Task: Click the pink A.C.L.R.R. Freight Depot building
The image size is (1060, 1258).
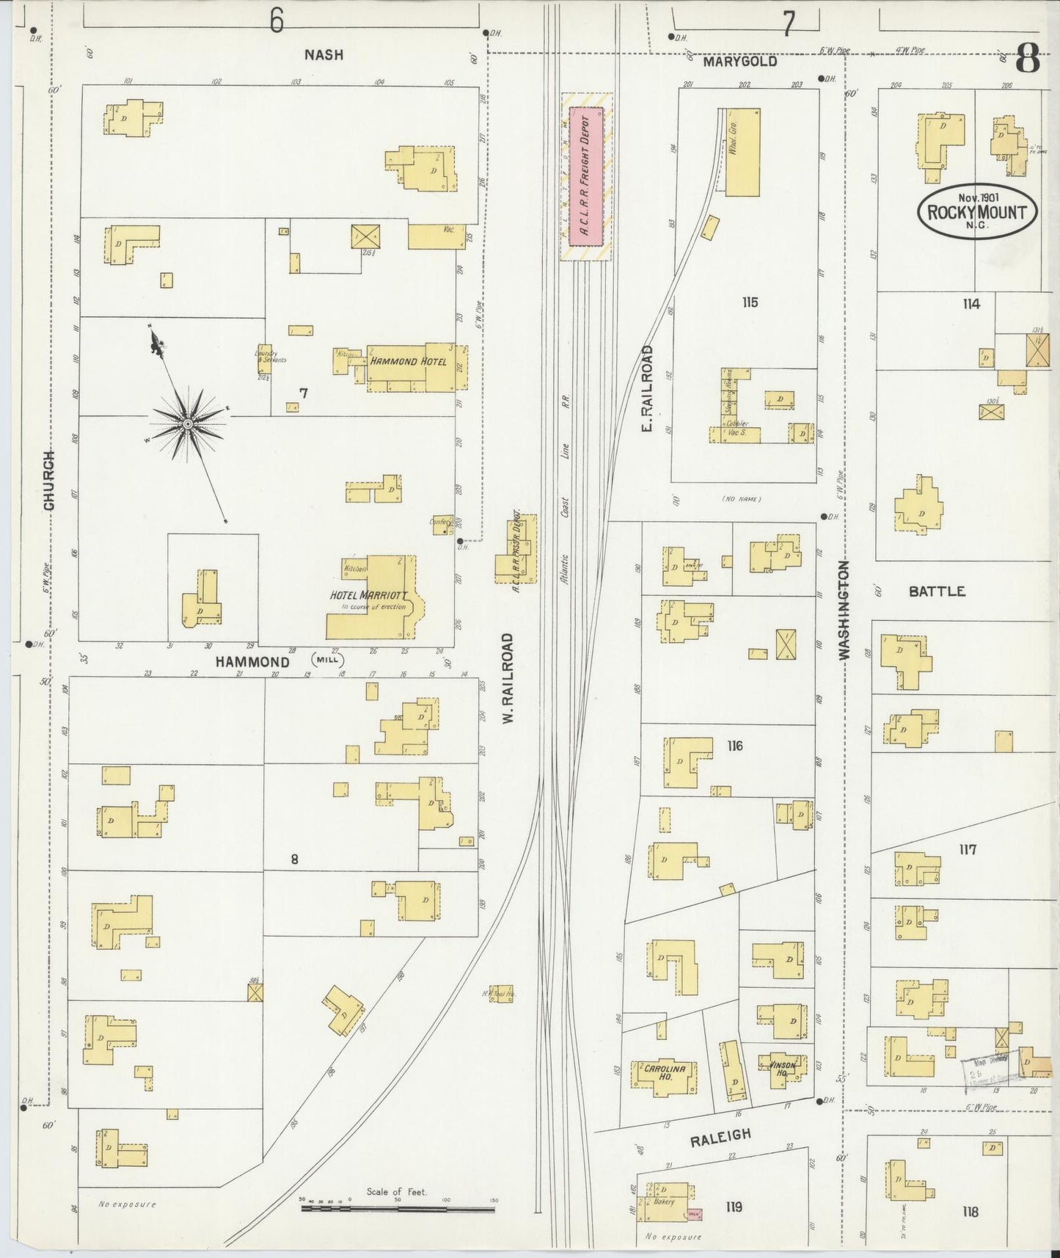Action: coord(586,176)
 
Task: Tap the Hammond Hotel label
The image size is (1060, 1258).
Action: coord(409,362)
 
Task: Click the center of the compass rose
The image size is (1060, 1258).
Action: coord(189,424)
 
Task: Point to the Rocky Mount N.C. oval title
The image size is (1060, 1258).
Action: coord(977,211)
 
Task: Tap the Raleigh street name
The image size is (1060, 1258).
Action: coord(720,1137)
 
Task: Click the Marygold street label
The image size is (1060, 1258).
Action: coord(739,62)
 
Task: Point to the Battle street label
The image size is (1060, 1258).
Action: coord(937,592)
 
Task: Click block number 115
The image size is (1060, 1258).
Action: coord(749,302)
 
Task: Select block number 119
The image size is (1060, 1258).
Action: coord(734,1207)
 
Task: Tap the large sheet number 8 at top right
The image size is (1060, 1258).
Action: coord(1027,59)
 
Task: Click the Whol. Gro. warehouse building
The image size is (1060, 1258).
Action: coord(742,151)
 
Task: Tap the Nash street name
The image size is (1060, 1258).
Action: coord(324,55)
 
